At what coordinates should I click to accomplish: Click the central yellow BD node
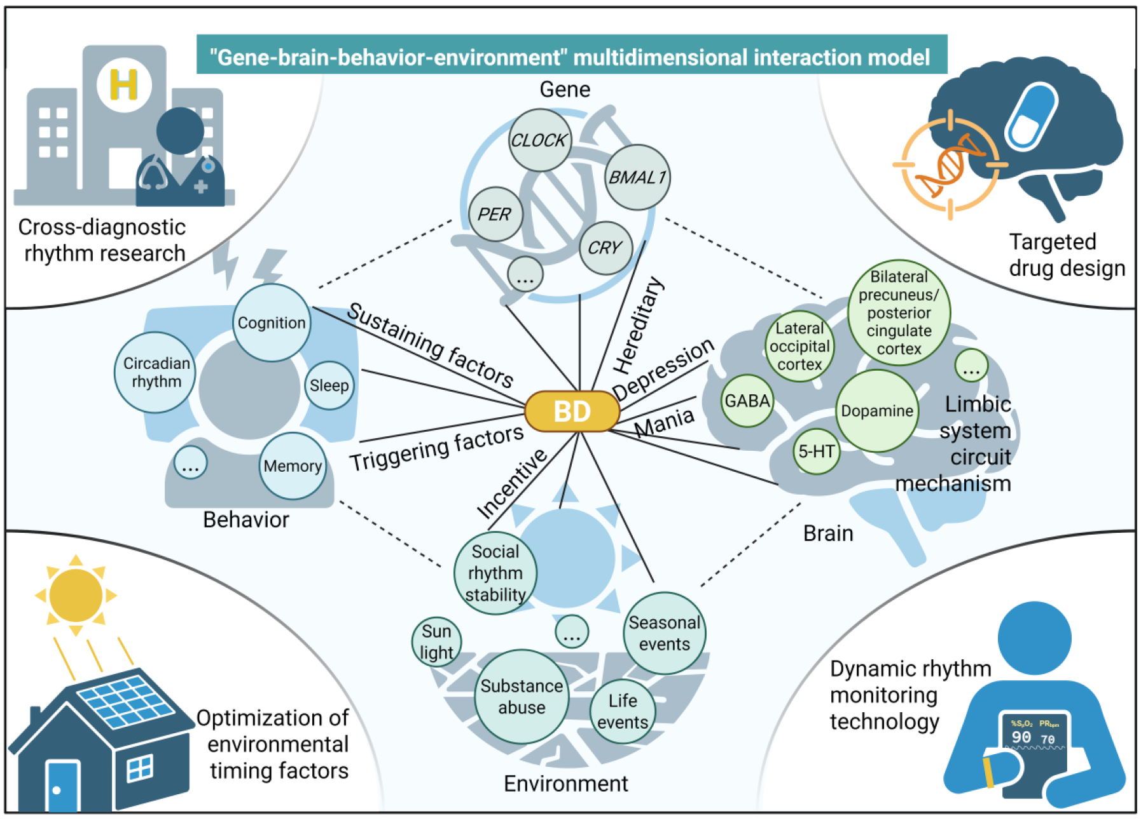tap(572, 411)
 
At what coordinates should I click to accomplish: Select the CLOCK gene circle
tap(539, 140)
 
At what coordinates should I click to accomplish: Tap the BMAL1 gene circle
tap(637, 177)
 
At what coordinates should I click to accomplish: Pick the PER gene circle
tap(495, 214)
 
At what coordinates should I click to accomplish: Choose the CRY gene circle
tap(605, 248)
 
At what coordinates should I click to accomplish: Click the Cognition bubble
tap(272, 323)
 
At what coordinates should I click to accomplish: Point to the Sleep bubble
tap(329, 385)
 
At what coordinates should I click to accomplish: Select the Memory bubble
tap(293, 466)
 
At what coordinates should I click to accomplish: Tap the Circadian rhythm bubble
tap(156, 373)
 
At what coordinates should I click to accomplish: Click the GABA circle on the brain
tap(747, 401)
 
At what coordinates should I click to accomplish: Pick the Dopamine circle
tap(877, 411)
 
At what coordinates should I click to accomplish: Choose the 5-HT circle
tap(817, 451)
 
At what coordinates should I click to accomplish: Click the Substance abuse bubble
tap(522, 697)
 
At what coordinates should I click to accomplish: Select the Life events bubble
tap(623, 712)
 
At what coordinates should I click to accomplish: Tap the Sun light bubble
tap(436, 642)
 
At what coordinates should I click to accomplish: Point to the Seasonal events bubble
tap(665, 633)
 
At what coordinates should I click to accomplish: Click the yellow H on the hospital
tap(124, 84)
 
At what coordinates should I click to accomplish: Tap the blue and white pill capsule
tap(1031, 115)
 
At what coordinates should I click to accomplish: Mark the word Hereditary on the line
tap(639, 326)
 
